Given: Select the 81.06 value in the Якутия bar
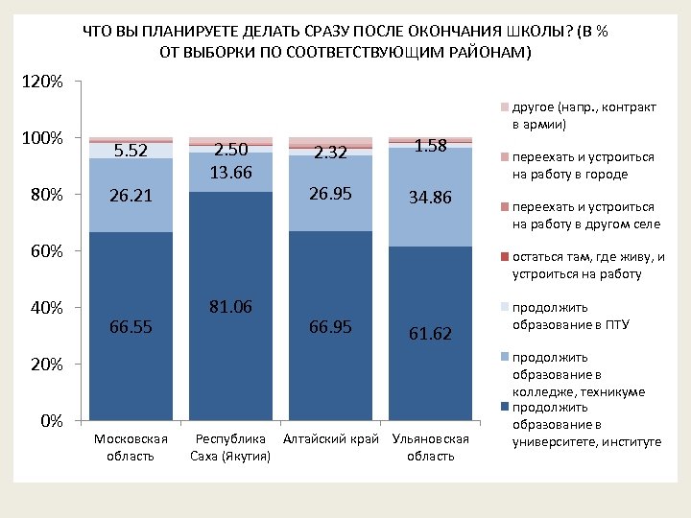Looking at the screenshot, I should coord(230,307).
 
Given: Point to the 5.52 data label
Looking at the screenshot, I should coord(131,151).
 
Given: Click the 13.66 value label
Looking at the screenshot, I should coord(230,173).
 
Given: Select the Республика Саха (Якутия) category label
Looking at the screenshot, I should coord(230,447).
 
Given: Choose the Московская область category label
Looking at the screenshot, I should coord(131,447).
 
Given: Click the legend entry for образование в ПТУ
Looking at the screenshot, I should coord(570,316).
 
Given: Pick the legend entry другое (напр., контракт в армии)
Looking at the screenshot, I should coord(576,115).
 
